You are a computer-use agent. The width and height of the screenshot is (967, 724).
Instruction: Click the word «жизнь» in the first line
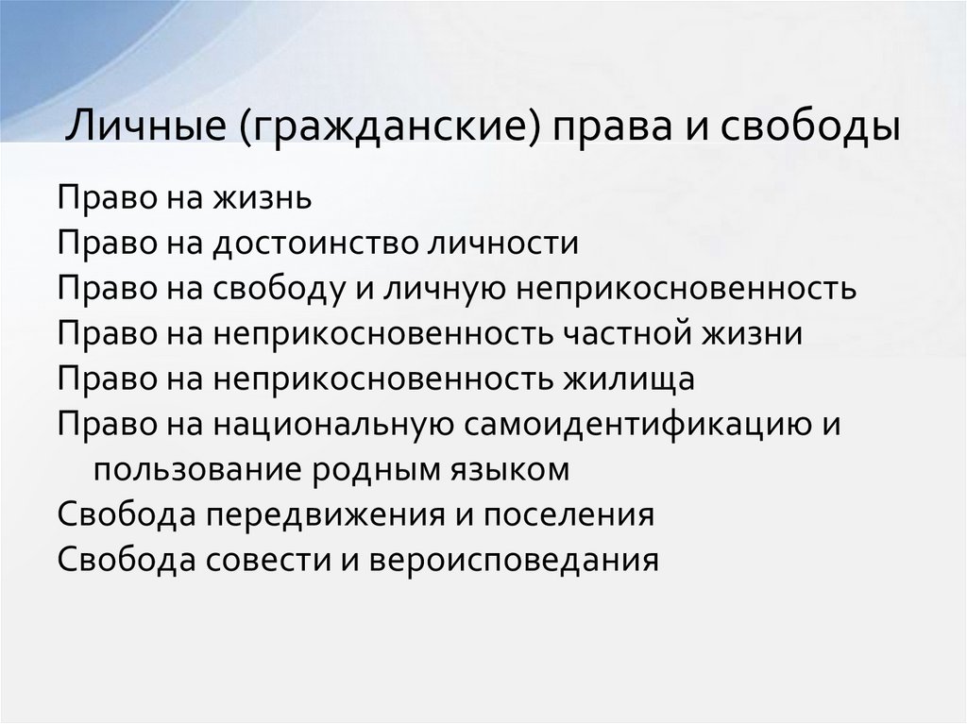pyautogui.click(x=263, y=198)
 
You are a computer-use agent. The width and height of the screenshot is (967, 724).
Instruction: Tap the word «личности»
pyautogui.click(x=503, y=244)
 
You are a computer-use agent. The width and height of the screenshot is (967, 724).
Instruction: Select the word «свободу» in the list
pyautogui.click(x=280, y=289)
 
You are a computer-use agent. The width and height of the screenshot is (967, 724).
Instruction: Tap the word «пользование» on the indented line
pyautogui.click(x=197, y=470)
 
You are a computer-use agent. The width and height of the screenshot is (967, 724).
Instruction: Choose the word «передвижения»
pyautogui.click(x=325, y=515)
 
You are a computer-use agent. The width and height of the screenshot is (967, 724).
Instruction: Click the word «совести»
pyautogui.click(x=267, y=561)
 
